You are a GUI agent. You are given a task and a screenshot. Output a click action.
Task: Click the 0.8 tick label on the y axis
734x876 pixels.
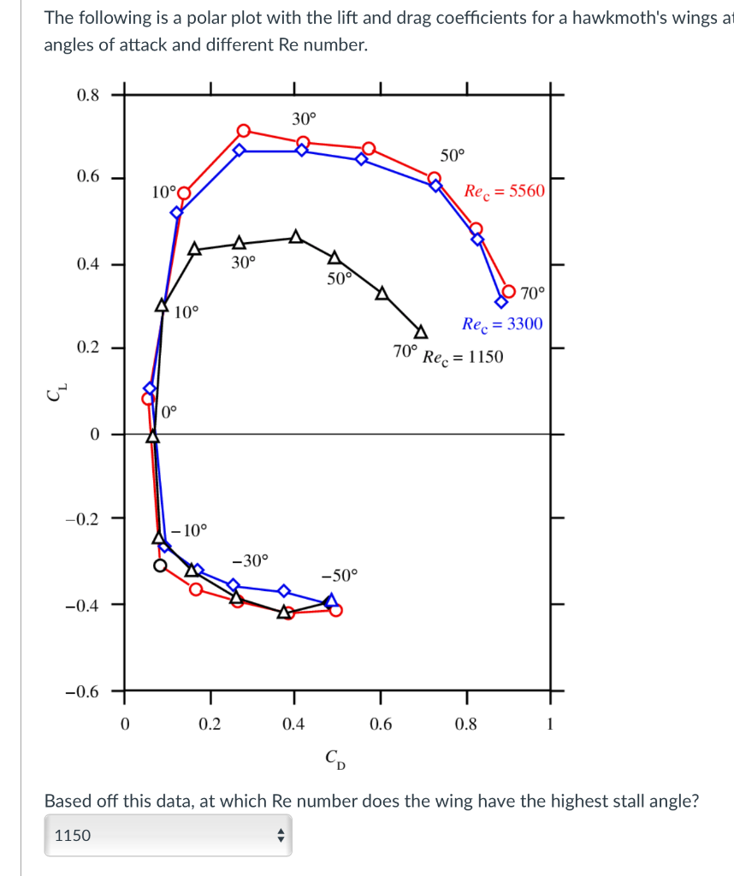87,95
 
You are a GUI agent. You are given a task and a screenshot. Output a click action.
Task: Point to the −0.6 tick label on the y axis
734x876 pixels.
84,691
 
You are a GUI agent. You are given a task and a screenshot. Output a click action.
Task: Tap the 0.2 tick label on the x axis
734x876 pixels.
210,725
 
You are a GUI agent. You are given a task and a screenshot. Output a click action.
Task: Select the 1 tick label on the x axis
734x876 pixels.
550,725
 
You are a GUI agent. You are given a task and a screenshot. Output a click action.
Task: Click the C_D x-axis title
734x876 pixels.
335,759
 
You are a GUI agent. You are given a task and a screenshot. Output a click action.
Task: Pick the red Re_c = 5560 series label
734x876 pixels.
503,191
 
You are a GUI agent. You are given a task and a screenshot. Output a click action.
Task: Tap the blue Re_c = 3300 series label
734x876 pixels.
501,324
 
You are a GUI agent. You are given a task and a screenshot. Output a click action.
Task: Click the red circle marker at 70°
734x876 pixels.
509,292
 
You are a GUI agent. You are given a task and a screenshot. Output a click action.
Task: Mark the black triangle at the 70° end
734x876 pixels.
421,332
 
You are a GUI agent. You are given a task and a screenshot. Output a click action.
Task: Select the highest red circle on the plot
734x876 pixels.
244,130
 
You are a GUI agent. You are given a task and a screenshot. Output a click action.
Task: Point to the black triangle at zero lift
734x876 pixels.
152,436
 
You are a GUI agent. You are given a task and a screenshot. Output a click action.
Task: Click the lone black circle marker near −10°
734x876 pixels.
160,565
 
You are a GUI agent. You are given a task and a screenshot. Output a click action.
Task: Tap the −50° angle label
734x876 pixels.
340,575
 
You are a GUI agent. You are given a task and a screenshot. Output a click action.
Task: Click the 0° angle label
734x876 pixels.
169,411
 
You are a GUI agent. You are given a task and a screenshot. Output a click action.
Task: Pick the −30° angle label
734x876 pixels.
250,560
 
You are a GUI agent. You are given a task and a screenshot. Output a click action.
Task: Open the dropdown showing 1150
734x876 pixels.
168,835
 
